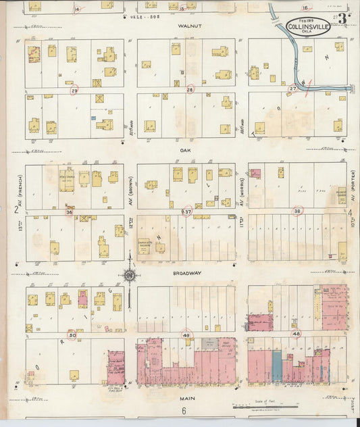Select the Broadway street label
187,273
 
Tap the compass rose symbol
128,274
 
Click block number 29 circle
75,90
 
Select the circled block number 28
190,89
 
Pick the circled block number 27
293,89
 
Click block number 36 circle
69,211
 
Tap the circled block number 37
187,211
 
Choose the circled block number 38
297,211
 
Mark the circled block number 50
72,334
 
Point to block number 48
296,334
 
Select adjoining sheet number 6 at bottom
182,411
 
